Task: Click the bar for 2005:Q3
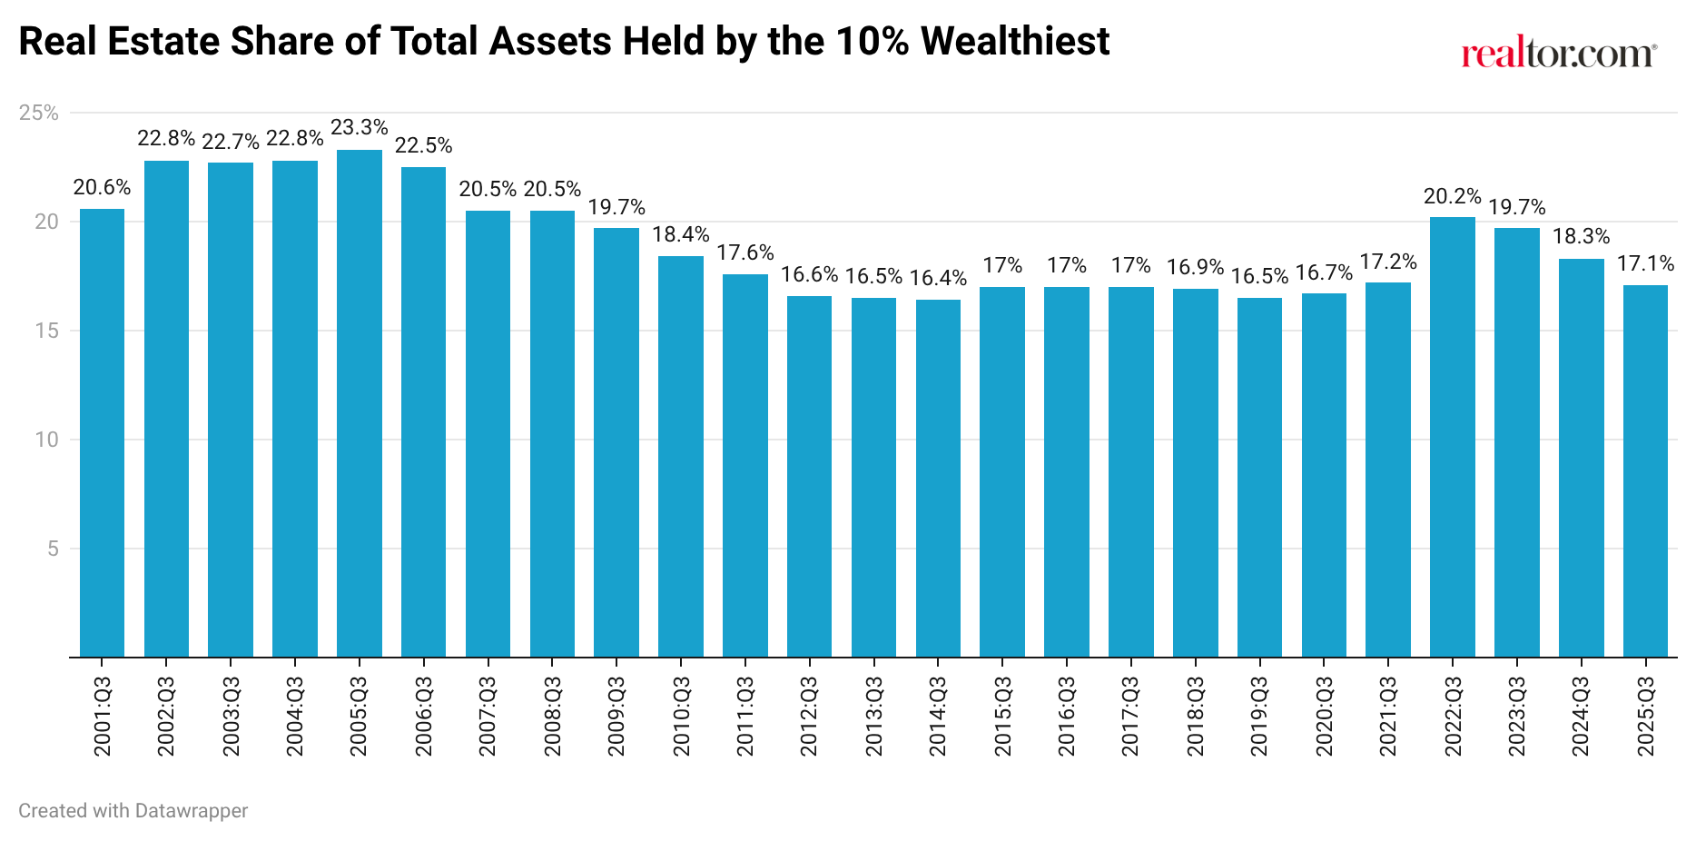coord(360,404)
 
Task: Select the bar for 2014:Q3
coord(938,479)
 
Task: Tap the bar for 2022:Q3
coord(1453,437)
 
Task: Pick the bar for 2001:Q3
coord(102,433)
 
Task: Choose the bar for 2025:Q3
coord(1645,471)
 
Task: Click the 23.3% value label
coord(360,128)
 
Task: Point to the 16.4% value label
coord(938,278)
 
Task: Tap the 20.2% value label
coord(1453,196)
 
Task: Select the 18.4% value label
coord(681,234)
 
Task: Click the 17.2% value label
coord(1388,262)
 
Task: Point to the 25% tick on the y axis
coord(39,113)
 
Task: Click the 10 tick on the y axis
coord(46,440)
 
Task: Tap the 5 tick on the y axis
coord(53,549)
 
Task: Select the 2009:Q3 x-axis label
coord(616,716)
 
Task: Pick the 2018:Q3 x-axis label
coord(1196,716)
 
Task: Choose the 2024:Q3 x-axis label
coord(1581,716)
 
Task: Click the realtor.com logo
coord(1558,54)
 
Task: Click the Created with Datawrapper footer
coord(133,810)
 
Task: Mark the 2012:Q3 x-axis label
coord(809,716)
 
